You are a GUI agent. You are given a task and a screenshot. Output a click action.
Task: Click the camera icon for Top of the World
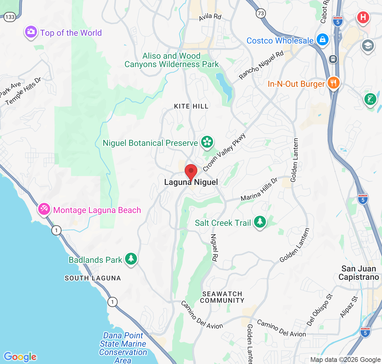pyautogui.click(x=31, y=32)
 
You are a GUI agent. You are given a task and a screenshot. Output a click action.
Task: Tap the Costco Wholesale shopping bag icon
pyautogui.click(x=322, y=39)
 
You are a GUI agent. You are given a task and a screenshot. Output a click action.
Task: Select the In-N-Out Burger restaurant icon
pyautogui.click(x=333, y=83)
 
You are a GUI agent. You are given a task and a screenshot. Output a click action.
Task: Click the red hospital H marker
pyautogui.click(x=363, y=17)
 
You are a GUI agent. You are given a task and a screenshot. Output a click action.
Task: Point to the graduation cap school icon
pyautogui.click(x=368, y=46)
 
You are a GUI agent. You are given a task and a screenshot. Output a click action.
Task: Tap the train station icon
pyautogui.click(x=333, y=59)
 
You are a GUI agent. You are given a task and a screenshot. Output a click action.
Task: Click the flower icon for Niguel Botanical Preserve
pyautogui.click(x=207, y=142)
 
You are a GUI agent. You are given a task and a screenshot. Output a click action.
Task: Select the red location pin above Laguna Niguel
pyautogui.click(x=191, y=172)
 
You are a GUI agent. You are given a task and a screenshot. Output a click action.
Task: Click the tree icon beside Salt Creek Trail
pyautogui.click(x=260, y=222)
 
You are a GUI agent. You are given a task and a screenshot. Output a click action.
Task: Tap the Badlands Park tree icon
pyautogui.click(x=131, y=259)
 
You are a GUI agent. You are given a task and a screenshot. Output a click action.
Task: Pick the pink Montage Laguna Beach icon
pyautogui.click(x=44, y=209)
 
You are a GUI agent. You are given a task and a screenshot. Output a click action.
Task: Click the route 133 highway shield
pyautogui.click(x=10, y=17)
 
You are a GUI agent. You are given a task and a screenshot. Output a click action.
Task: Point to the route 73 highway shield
pyautogui.click(x=261, y=13)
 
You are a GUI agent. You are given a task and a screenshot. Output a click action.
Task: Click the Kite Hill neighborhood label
pyautogui.click(x=191, y=106)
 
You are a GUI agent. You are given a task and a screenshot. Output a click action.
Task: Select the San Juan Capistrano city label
pyautogui.click(x=358, y=273)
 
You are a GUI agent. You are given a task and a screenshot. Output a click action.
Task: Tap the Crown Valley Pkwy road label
pyautogui.click(x=224, y=152)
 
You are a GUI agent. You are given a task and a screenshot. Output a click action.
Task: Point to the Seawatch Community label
pyautogui.click(x=222, y=297)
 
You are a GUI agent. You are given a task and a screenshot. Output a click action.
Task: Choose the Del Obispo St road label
pyautogui.click(x=320, y=310)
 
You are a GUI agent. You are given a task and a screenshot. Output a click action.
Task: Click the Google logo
pyautogui.click(x=20, y=357)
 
